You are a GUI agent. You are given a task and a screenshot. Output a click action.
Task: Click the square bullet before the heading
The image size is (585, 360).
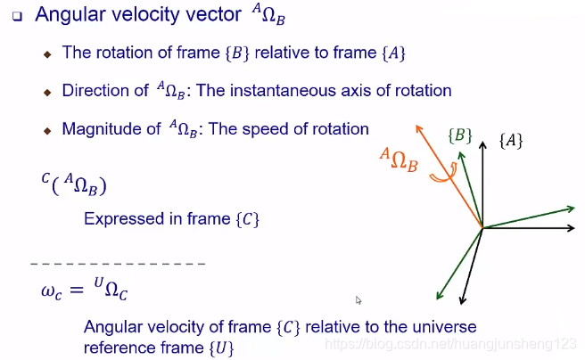pyautogui.click(x=16, y=16)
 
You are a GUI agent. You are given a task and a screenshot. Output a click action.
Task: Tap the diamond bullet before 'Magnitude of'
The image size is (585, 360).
pyautogui.click(x=49, y=130)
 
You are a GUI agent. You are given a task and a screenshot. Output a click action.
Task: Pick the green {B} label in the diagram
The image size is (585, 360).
pyautogui.click(x=459, y=136)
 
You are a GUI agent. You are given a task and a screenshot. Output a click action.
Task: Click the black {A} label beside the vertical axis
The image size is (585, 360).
pyautogui.click(x=511, y=141)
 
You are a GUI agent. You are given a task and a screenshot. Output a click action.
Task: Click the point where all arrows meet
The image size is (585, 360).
pyautogui.click(x=482, y=228)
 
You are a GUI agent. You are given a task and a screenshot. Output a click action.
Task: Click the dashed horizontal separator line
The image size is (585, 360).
pyautogui.click(x=119, y=265)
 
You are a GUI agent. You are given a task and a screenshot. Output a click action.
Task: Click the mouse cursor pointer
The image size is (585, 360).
pyautogui.click(x=358, y=301)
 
